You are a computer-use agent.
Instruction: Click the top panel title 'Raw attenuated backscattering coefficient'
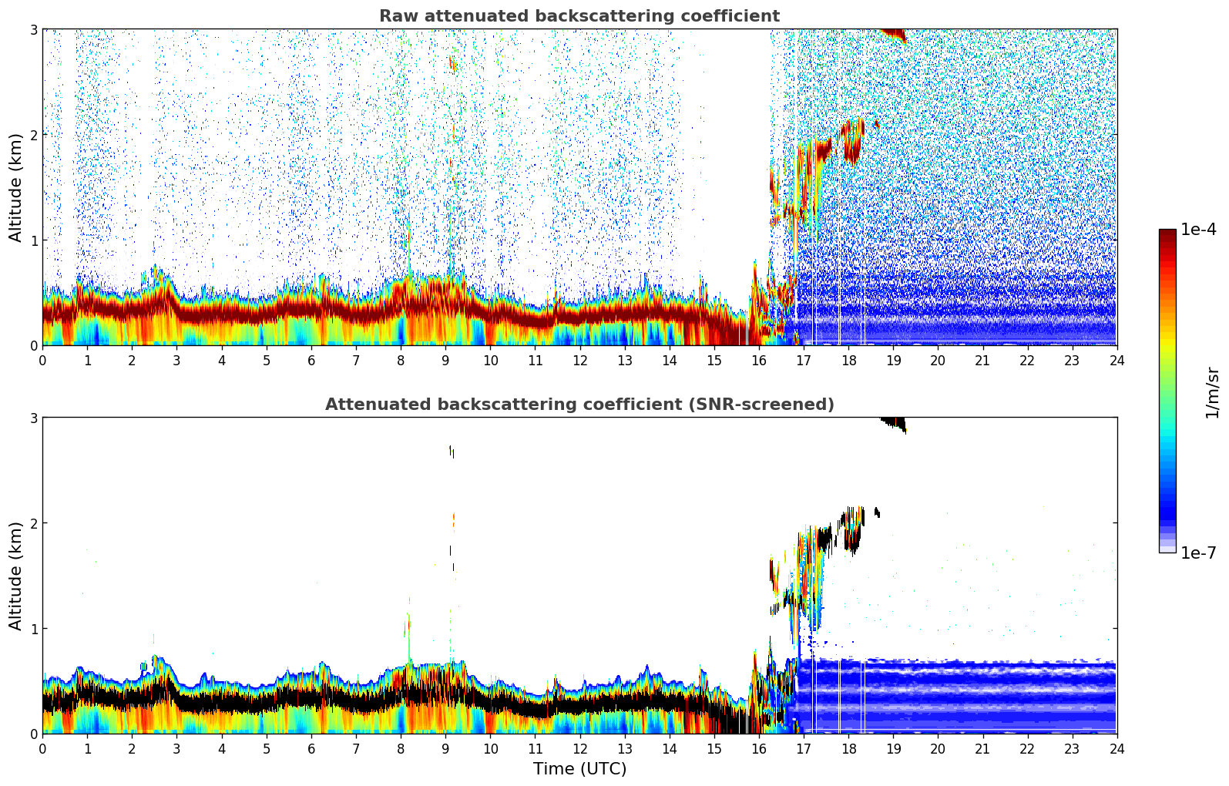click(579, 16)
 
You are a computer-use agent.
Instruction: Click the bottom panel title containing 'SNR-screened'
click(579, 405)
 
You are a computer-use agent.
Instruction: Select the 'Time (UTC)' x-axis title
click(579, 768)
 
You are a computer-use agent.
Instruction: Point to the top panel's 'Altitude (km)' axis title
click(16, 187)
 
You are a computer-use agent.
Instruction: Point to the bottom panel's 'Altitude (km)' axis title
click(16, 576)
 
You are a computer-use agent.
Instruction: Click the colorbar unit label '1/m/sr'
click(1212, 392)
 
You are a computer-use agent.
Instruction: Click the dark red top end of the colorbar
click(1167, 233)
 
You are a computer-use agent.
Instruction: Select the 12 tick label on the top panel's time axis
click(579, 360)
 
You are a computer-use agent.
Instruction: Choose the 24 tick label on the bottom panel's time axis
click(1117, 748)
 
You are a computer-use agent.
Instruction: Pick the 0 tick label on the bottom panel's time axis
click(42, 748)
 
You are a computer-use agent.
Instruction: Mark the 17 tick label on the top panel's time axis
click(804, 360)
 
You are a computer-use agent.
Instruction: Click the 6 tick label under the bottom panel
click(311, 748)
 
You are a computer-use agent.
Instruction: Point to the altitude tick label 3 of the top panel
click(34, 29)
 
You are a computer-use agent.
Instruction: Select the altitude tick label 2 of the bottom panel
click(34, 523)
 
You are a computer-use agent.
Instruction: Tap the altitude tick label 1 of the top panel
click(34, 240)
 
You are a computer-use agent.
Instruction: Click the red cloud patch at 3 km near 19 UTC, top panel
click(894, 33)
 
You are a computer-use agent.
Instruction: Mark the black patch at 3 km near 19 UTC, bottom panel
click(894, 422)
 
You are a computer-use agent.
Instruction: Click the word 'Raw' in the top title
click(395, 16)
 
